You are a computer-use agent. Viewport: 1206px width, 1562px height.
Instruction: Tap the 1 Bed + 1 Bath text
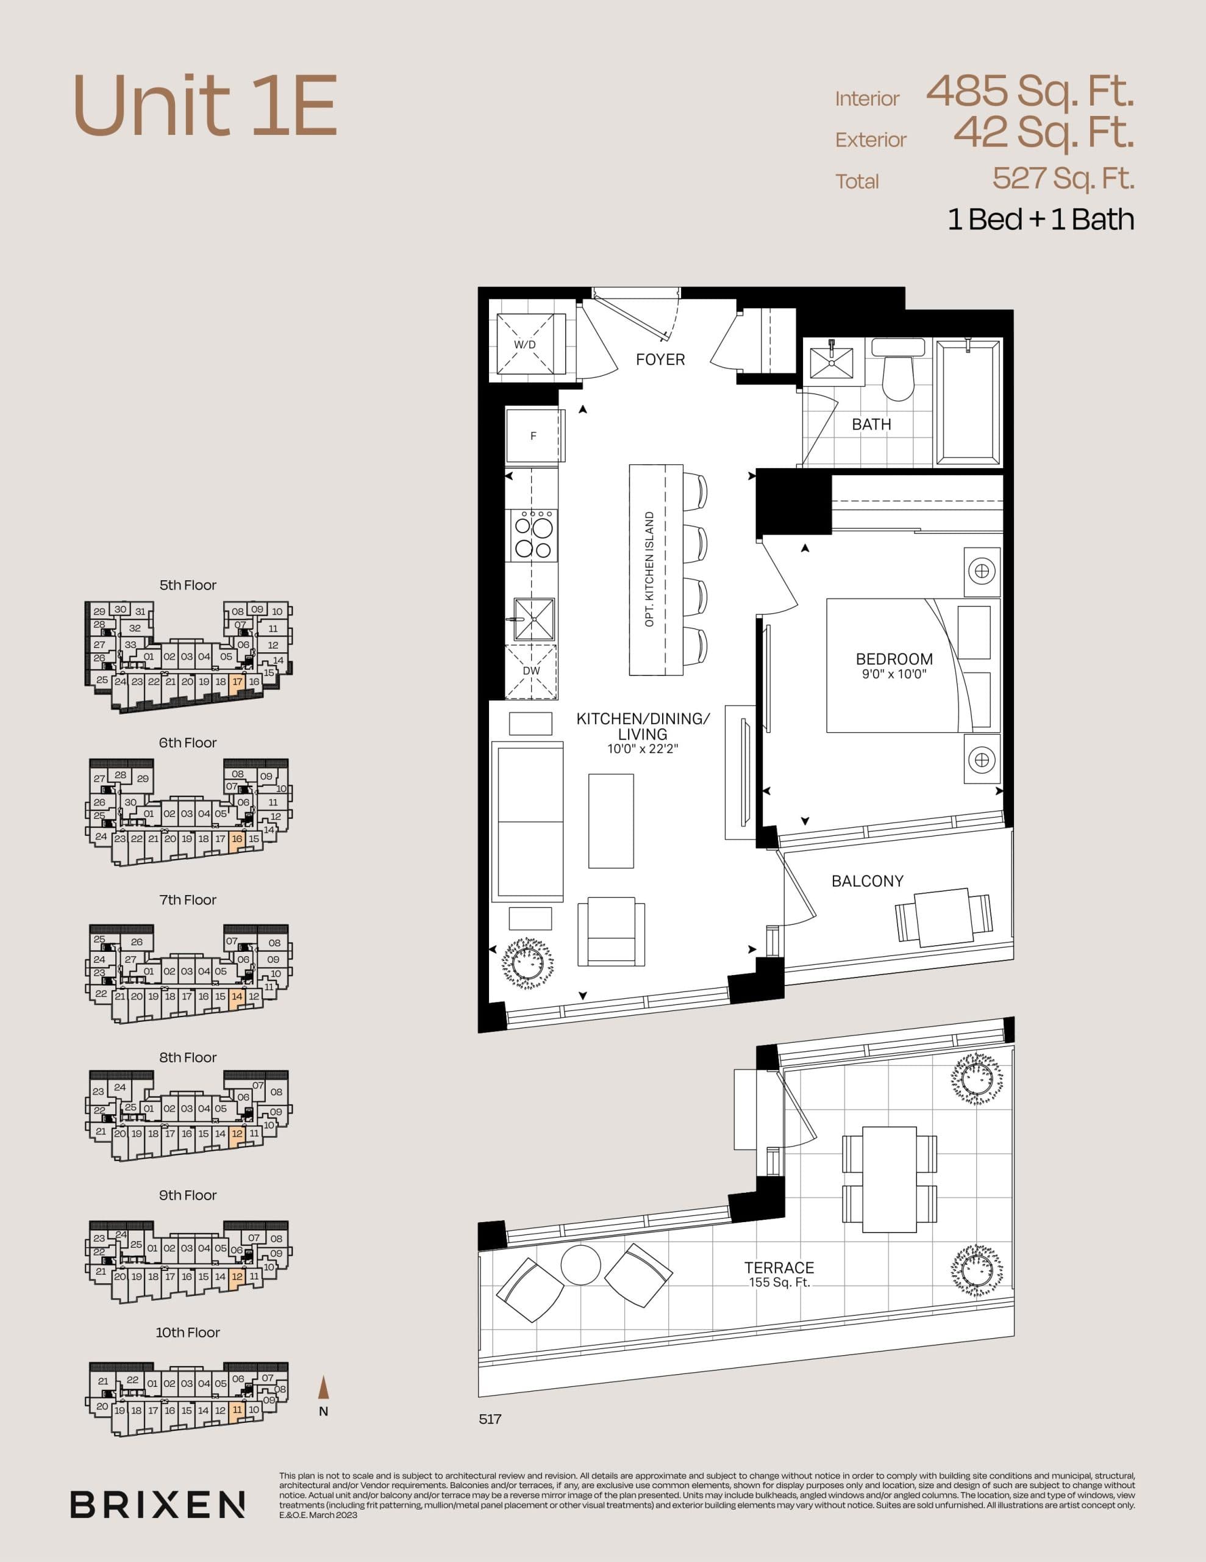coord(1040,220)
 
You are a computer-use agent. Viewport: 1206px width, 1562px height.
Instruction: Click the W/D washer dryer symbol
coord(526,344)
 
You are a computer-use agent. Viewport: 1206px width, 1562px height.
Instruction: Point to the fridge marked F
coord(533,436)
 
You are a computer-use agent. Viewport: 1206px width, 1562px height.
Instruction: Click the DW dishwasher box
coord(531,671)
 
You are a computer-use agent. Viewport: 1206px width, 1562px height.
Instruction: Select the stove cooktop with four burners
coord(533,535)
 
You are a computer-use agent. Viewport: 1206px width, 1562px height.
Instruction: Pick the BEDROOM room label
coord(894,659)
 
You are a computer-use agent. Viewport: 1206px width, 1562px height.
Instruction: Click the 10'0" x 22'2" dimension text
coord(643,749)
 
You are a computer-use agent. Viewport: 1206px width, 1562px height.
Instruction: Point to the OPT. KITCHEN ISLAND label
coord(649,569)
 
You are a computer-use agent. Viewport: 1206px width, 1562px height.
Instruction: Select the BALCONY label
coord(867,881)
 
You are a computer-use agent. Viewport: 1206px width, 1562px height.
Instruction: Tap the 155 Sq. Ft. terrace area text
coord(779,1283)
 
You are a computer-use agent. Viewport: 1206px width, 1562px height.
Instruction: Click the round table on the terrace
coord(580,1265)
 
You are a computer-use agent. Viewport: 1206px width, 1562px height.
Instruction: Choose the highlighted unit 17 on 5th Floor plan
coord(238,682)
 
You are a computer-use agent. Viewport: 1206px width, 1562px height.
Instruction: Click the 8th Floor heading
coord(187,1057)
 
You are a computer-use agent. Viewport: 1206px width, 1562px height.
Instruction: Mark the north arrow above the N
coord(324,1387)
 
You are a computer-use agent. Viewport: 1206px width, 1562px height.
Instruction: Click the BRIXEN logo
coord(157,1504)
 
